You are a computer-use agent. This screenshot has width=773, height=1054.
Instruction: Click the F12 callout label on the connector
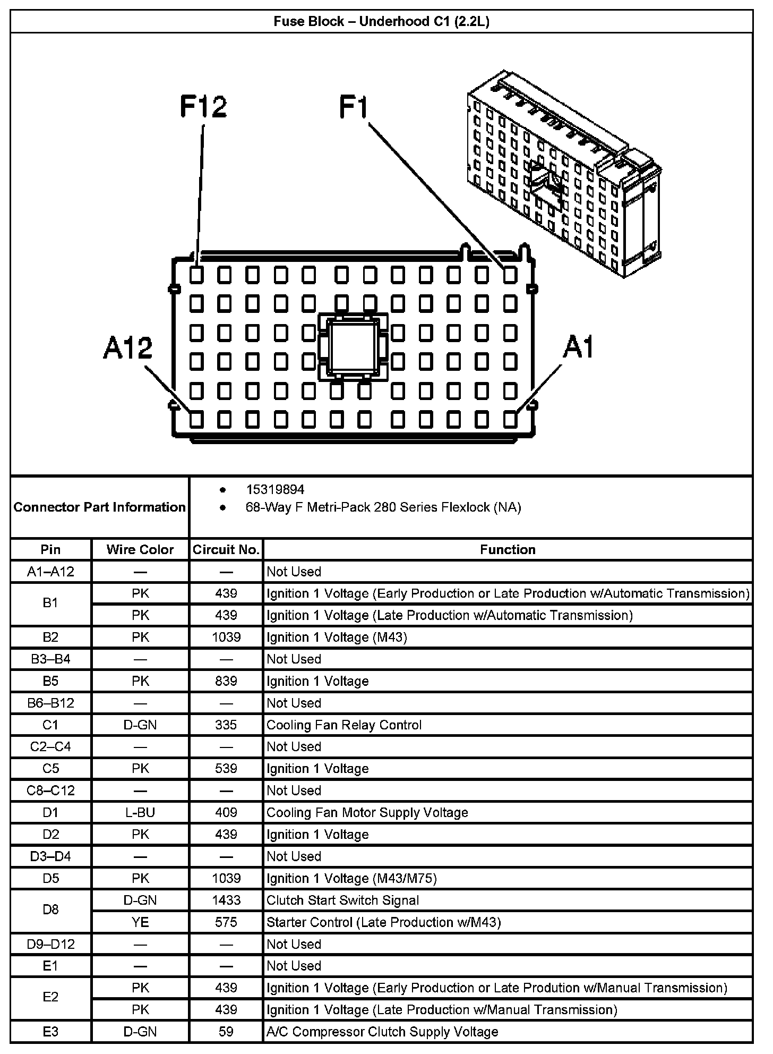[x=203, y=106]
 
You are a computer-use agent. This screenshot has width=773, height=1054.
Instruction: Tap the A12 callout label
[x=128, y=348]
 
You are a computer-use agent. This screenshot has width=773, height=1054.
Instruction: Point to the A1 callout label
[x=578, y=347]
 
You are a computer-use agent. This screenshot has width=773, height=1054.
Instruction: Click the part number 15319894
[x=275, y=489]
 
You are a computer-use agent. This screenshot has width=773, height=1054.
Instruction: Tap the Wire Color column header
[x=140, y=549]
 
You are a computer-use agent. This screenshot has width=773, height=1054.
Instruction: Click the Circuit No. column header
[x=226, y=549]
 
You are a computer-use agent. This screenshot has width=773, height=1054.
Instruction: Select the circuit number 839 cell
[x=226, y=681]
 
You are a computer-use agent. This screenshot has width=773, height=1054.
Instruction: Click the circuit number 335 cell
[x=226, y=725]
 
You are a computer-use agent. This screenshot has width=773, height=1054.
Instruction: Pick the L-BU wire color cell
[x=140, y=812]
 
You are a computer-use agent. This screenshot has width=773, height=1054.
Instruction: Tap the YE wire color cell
[x=140, y=922]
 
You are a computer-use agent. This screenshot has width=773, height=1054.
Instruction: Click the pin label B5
[x=51, y=681]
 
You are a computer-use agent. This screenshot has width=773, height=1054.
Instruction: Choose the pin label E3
[x=51, y=1032]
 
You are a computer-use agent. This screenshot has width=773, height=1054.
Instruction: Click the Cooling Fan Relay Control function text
[x=344, y=725]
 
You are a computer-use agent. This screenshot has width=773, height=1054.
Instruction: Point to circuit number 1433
[x=226, y=900]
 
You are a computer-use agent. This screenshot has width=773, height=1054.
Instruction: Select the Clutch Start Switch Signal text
[x=343, y=900]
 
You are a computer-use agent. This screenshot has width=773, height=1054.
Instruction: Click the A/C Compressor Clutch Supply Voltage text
[x=382, y=1032]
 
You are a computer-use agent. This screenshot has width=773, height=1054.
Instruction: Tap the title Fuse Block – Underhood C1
[x=381, y=22]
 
